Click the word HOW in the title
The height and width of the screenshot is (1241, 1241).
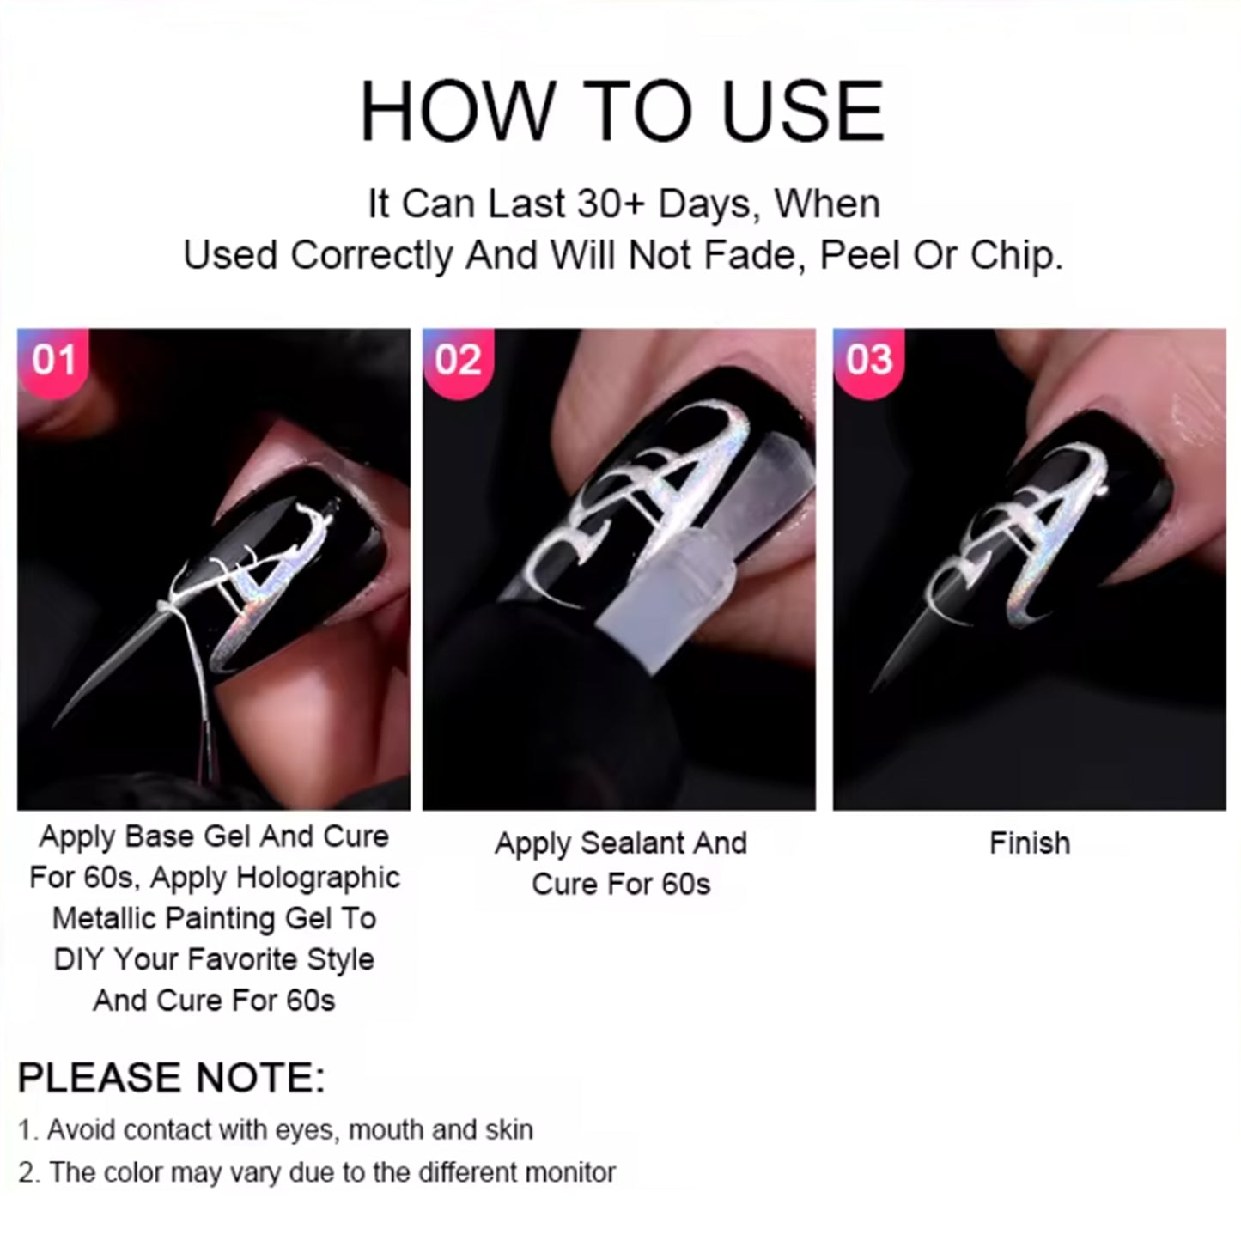pos(457,111)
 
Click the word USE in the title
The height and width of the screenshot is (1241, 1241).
pos(802,111)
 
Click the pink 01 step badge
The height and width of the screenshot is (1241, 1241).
pos(53,361)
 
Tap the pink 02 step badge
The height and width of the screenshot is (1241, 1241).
pos(458,361)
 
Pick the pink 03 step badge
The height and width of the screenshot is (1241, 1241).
pos(869,361)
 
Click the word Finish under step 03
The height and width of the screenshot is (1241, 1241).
pos(1029,843)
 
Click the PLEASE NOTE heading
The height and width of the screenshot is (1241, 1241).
pos(171,1078)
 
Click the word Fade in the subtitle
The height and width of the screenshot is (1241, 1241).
pos(759,256)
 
